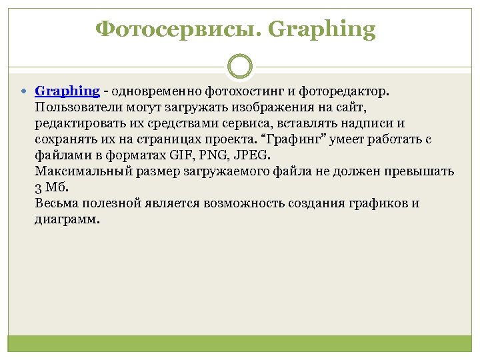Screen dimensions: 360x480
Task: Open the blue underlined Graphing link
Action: (x=67, y=91)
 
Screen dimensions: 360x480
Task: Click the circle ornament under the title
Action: (x=240, y=67)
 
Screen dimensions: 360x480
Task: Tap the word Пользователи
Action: (x=75, y=107)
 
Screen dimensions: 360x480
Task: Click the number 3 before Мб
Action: (x=37, y=188)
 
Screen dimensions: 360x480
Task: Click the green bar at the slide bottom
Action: (x=240, y=343)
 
